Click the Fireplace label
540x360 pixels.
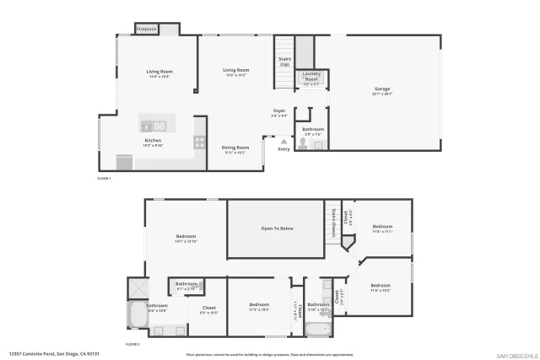(x=147, y=29)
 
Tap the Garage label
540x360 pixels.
(x=382, y=90)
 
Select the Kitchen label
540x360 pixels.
(x=153, y=142)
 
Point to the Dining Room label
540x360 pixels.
(x=235, y=148)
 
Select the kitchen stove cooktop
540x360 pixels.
(x=199, y=141)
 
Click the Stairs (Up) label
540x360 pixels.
(x=284, y=62)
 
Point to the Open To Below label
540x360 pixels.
(x=277, y=228)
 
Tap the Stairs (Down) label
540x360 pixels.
(x=334, y=226)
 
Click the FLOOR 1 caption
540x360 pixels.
(x=105, y=178)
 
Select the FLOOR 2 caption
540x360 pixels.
(x=132, y=344)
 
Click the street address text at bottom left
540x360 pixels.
(x=49, y=354)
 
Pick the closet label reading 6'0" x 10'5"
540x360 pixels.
(x=208, y=309)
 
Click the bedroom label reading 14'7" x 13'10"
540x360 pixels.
(x=186, y=238)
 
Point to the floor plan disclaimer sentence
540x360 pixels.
(x=270, y=355)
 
